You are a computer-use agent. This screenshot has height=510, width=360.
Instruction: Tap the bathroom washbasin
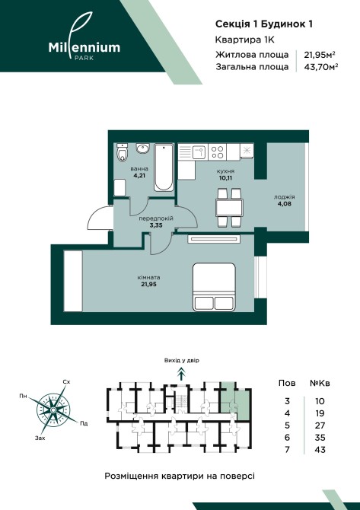click(x=142, y=148)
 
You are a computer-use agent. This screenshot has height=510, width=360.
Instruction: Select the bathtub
click(x=164, y=168)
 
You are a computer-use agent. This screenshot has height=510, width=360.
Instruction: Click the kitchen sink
click(x=199, y=152)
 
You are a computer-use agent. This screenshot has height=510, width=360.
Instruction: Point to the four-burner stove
click(x=218, y=152)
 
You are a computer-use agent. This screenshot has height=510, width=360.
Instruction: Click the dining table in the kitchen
click(x=229, y=208)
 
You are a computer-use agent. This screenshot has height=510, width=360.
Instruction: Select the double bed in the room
click(x=214, y=287)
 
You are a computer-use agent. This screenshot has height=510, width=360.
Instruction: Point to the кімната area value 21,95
click(x=148, y=284)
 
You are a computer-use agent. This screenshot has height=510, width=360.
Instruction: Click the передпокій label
click(x=156, y=218)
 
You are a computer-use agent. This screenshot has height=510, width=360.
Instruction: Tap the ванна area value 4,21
click(x=139, y=176)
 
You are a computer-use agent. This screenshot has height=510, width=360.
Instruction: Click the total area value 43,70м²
click(x=320, y=67)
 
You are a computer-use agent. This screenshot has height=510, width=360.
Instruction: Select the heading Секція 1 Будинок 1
click(x=264, y=24)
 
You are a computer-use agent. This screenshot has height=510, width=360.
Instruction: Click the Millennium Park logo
click(x=84, y=37)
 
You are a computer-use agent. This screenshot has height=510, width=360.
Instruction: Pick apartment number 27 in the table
click(x=320, y=426)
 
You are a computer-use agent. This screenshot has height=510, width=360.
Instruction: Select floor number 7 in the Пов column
click(x=287, y=450)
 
